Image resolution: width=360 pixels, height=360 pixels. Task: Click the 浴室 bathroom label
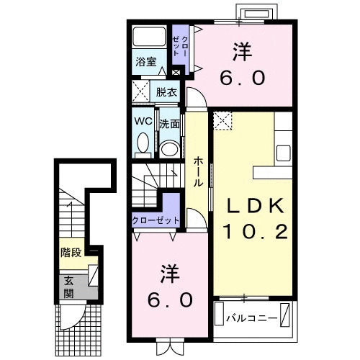pos(146,61)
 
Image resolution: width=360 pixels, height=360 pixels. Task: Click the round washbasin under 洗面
pos(169,148)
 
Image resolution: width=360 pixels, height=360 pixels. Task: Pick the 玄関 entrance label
pos(69,287)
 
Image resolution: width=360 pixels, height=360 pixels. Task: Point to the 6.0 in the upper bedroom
pos(244,77)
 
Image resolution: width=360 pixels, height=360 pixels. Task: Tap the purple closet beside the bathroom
pos(179,49)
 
